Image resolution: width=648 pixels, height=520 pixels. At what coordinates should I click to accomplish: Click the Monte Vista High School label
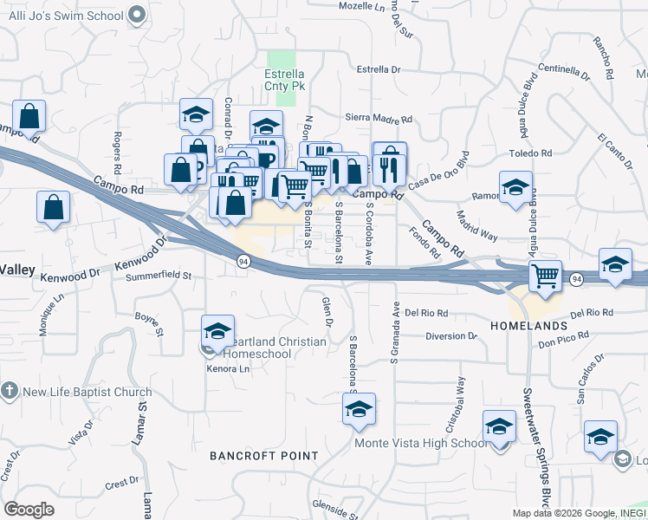[x=422, y=444]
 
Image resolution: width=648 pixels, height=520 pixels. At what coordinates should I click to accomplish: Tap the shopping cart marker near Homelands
[x=545, y=277]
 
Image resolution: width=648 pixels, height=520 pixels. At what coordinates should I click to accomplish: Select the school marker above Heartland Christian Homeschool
[x=217, y=330]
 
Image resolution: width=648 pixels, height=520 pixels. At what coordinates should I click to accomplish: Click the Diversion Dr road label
[x=451, y=335]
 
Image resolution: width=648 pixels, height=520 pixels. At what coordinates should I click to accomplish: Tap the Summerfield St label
[x=158, y=276]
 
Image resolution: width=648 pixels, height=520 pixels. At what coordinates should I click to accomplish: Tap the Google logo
[x=29, y=510]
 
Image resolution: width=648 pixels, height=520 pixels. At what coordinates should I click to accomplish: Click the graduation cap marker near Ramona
[x=515, y=187]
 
